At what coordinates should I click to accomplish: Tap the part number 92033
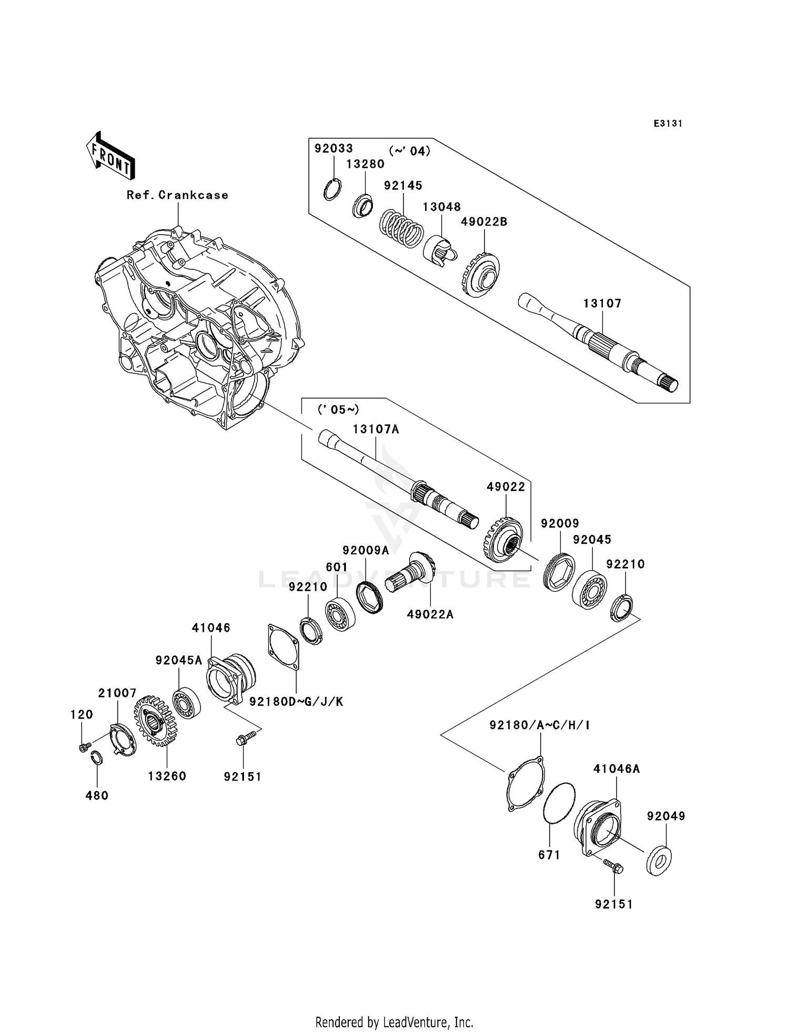point(333,148)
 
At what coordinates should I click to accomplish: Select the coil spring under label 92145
point(401,228)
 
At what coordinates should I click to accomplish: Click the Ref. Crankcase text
point(177,195)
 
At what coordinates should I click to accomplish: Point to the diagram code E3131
point(667,124)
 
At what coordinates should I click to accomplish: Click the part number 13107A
point(376,429)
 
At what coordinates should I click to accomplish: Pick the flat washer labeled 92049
point(658,861)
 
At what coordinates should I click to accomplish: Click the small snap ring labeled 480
point(96,758)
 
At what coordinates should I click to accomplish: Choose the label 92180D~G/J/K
point(296,701)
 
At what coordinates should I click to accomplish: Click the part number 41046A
point(616,768)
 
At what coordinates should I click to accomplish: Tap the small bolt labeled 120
point(83,747)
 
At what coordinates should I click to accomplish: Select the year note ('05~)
point(338,409)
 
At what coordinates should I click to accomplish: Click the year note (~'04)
point(409,151)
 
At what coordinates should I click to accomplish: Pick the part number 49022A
point(430,614)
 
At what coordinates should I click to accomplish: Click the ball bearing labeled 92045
point(589,589)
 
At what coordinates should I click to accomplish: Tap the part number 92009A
point(366,550)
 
